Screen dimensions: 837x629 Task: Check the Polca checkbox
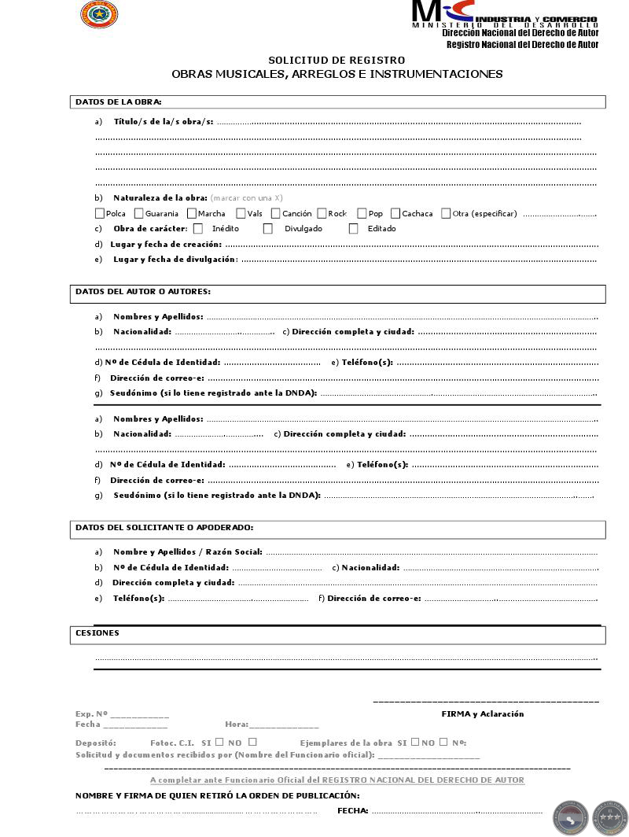tap(100, 213)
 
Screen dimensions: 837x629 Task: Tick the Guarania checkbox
tap(139, 213)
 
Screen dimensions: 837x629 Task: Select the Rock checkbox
tap(322, 213)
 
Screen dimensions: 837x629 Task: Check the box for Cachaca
tap(395, 213)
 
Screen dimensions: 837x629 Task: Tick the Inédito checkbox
tap(198, 229)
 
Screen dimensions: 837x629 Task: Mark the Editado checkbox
tap(354, 229)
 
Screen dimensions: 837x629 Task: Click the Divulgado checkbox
tap(268, 229)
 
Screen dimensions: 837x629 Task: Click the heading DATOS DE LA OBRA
tap(119, 101)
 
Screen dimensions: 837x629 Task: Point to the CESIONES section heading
tap(97, 632)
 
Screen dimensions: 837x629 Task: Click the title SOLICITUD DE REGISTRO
tap(337, 61)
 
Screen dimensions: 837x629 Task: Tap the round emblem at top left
tap(99, 14)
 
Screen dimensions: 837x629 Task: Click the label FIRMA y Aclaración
tap(482, 713)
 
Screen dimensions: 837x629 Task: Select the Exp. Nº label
tap(91, 713)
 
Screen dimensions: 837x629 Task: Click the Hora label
tap(236, 724)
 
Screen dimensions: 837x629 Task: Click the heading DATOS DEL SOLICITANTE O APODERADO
tap(164, 527)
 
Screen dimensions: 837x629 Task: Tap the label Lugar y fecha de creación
tap(166, 244)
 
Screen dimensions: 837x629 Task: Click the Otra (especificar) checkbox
tap(447, 213)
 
